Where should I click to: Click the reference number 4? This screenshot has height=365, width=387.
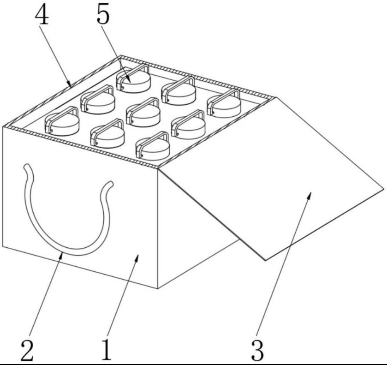(42, 15)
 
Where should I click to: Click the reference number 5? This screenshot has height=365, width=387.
(103, 15)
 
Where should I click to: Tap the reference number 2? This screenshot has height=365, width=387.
(27, 350)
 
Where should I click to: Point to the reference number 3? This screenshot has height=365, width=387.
(257, 351)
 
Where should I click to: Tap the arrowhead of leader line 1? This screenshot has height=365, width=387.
(137, 258)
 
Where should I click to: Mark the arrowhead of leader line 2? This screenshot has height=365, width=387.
(61, 256)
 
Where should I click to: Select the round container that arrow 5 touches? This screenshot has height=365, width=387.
(133, 79)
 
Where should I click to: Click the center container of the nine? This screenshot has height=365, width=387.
(143, 113)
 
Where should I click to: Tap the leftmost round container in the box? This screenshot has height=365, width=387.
(62, 121)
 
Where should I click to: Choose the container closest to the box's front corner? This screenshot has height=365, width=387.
(153, 146)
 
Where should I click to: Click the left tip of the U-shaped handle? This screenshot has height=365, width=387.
(26, 166)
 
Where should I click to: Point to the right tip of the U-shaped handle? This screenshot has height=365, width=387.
(111, 184)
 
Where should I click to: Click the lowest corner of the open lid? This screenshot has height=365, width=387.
(265, 260)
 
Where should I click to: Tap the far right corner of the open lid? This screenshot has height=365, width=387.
(384, 189)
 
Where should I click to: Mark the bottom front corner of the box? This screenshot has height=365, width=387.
(158, 288)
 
